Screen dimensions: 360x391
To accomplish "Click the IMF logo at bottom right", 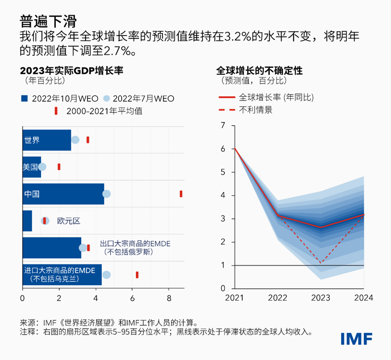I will click(x=356, y=338).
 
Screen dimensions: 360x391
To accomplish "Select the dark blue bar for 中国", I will click(x=63, y=194).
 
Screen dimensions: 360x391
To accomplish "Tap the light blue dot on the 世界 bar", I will click(x=75, y=140).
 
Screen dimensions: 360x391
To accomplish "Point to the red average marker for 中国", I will click(x=181, y=194).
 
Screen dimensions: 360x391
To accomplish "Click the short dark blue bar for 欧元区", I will click(x=27, y=221).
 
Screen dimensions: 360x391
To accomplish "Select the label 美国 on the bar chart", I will click(x=30, y=167).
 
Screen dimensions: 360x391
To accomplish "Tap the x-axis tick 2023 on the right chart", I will click(x=321, y=298).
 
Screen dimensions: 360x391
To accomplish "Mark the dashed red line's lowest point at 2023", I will click(x=321, y=263).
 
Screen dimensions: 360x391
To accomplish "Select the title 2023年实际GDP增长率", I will click(x=72, y=70).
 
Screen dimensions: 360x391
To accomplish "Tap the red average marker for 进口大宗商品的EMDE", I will click(x=137, y=275).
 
